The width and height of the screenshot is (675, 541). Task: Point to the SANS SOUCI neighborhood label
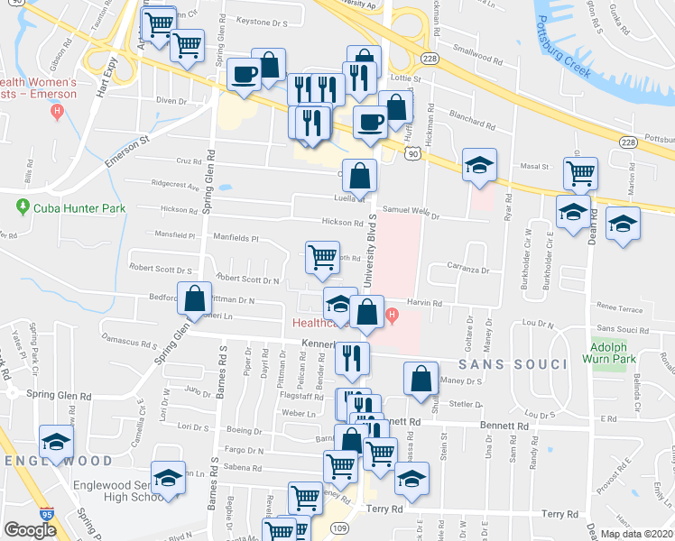tap(512, 364)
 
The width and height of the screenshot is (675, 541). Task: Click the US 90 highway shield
tap(412, 154)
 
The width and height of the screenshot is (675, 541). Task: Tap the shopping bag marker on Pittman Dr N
tap(194, 298)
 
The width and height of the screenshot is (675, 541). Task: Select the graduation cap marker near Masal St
tap(479, 164)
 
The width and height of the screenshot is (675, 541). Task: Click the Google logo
tap(30, 530)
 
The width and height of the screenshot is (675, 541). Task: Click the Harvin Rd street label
tap(424, 304)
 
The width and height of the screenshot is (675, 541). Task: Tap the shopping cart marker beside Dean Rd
tap(580, 172)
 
